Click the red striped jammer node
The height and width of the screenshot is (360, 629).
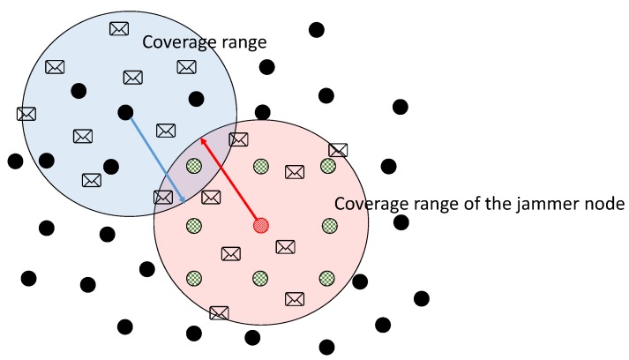click(260, 226)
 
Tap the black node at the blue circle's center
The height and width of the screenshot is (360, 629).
click(125, 112)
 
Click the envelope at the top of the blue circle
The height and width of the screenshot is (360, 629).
click(119, 28)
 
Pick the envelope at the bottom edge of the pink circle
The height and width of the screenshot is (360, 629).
click(219, 312)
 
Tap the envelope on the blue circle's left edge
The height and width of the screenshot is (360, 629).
click(26, 113)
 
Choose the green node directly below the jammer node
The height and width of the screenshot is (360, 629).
click(260, 278)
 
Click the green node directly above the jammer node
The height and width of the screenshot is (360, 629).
click(260, 166)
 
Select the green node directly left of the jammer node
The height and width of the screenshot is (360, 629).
click(194, 226)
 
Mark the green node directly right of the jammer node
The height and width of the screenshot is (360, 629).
click(327, 226)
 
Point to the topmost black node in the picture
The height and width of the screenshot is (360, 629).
click(316, 30)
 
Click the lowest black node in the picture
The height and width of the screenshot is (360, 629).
click(326, 347)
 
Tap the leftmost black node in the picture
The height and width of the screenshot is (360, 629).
click(15, 161)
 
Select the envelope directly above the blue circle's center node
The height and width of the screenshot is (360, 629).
click(133, 77)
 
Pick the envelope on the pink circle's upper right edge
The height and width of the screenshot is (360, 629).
click(338, 150)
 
